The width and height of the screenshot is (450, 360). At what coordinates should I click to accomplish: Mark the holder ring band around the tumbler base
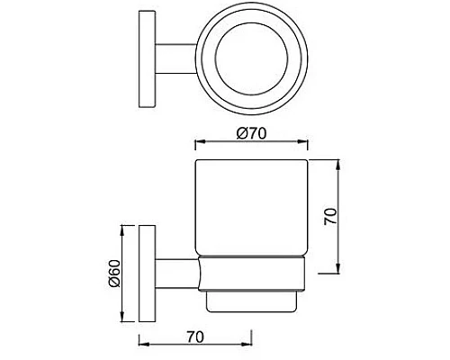(x=251, y=274)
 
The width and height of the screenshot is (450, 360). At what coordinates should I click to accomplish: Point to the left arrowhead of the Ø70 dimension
(x=199, y=144)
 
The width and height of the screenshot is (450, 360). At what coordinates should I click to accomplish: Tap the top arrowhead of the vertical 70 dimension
(x=337, y=166)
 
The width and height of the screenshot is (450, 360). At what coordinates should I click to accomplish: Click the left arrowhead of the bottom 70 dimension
(x=142, y=342)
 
